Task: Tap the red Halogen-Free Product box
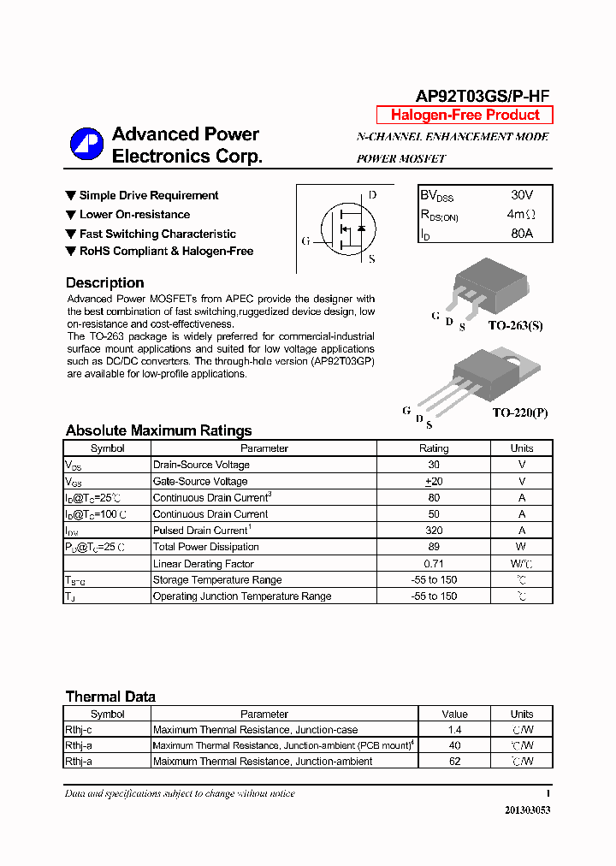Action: click(x=465, y=116)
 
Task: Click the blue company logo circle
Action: click(x=86, y=145)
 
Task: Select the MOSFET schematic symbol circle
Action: click(x=346, y=228)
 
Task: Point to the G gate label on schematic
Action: click(x=305, y=240)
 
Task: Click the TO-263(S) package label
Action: click(x=515, y=326)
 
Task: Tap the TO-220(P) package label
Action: click(x=519, y=412)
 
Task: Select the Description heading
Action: click(x=104, y=282)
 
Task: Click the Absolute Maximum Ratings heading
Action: click(x=158, y=430)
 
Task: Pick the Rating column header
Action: click(x=433, y=448)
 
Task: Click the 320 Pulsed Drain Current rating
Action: click(x=433, y=531)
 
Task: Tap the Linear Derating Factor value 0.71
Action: click(x=433, y=564)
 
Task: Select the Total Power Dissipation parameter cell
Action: click(x=205, y=547)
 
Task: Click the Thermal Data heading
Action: click(x=110, y=697)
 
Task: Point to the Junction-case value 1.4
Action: click(x=454, y=730)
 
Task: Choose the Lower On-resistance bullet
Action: click(x=133, y=215)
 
